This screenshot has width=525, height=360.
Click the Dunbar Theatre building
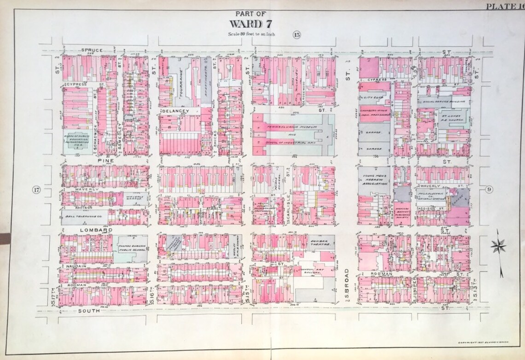(321, 243)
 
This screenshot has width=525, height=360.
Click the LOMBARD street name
(81, 229)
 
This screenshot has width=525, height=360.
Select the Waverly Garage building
(136, 198)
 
